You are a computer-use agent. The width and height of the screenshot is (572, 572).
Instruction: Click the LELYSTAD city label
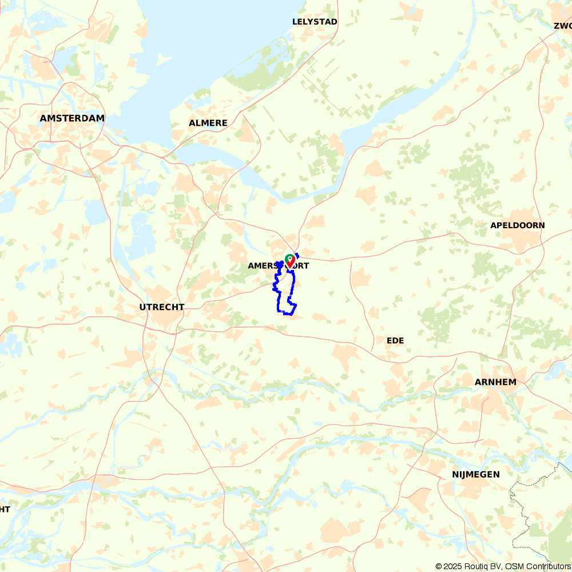click(x=315, y=22)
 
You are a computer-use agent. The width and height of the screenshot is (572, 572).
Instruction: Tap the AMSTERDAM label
click(x=72, y=118)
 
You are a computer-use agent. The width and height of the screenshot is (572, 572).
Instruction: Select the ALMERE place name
click(x=208, y=123)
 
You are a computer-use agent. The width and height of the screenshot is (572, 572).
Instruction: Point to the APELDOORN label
click(x=517, y=225)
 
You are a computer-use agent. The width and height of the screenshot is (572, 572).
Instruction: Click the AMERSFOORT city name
click(x=278, y=266)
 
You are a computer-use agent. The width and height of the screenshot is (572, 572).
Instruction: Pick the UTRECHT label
click(x=162, y=307)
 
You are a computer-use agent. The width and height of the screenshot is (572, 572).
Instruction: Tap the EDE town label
click(x=395, y=340)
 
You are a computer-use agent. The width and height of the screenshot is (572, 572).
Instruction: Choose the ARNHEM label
click(x=495, y=382)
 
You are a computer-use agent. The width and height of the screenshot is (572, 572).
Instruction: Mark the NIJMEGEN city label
click(x=475, y=474)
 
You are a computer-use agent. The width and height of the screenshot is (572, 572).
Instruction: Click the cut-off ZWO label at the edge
click(x=563, y=26)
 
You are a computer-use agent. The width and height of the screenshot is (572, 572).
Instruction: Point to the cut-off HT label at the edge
click(x=5, y=509)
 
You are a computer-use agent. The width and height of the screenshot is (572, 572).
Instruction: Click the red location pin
click(x=290, y=261)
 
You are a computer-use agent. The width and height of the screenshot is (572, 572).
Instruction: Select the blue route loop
click(x=278, y=297)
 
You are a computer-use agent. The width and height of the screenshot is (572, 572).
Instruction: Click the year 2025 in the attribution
click(x=454, y=566)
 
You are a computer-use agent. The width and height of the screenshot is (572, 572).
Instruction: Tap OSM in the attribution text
click(x=514, y=566)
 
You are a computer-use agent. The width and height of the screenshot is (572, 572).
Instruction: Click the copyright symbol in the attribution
click(x=439, y=566)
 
